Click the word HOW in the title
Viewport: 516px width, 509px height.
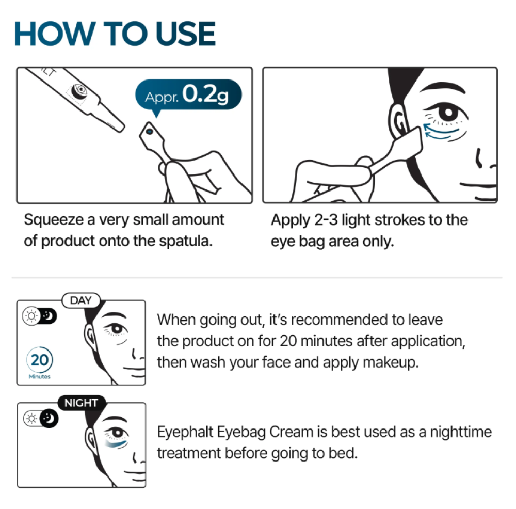55,34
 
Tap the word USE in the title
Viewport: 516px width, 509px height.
186,34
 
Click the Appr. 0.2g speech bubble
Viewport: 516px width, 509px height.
188,95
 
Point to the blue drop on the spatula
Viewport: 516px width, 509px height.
150,132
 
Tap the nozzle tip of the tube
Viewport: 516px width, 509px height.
119,127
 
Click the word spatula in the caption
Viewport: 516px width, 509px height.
186,242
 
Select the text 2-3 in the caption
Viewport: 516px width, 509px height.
326,220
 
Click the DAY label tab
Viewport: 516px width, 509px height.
81,300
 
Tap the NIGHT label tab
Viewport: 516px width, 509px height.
82,403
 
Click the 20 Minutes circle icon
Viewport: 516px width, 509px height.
40,360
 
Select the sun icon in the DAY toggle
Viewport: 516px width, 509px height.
31,316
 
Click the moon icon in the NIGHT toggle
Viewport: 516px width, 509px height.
49,419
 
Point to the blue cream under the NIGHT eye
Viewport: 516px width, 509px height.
116,443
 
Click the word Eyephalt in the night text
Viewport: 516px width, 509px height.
185,432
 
